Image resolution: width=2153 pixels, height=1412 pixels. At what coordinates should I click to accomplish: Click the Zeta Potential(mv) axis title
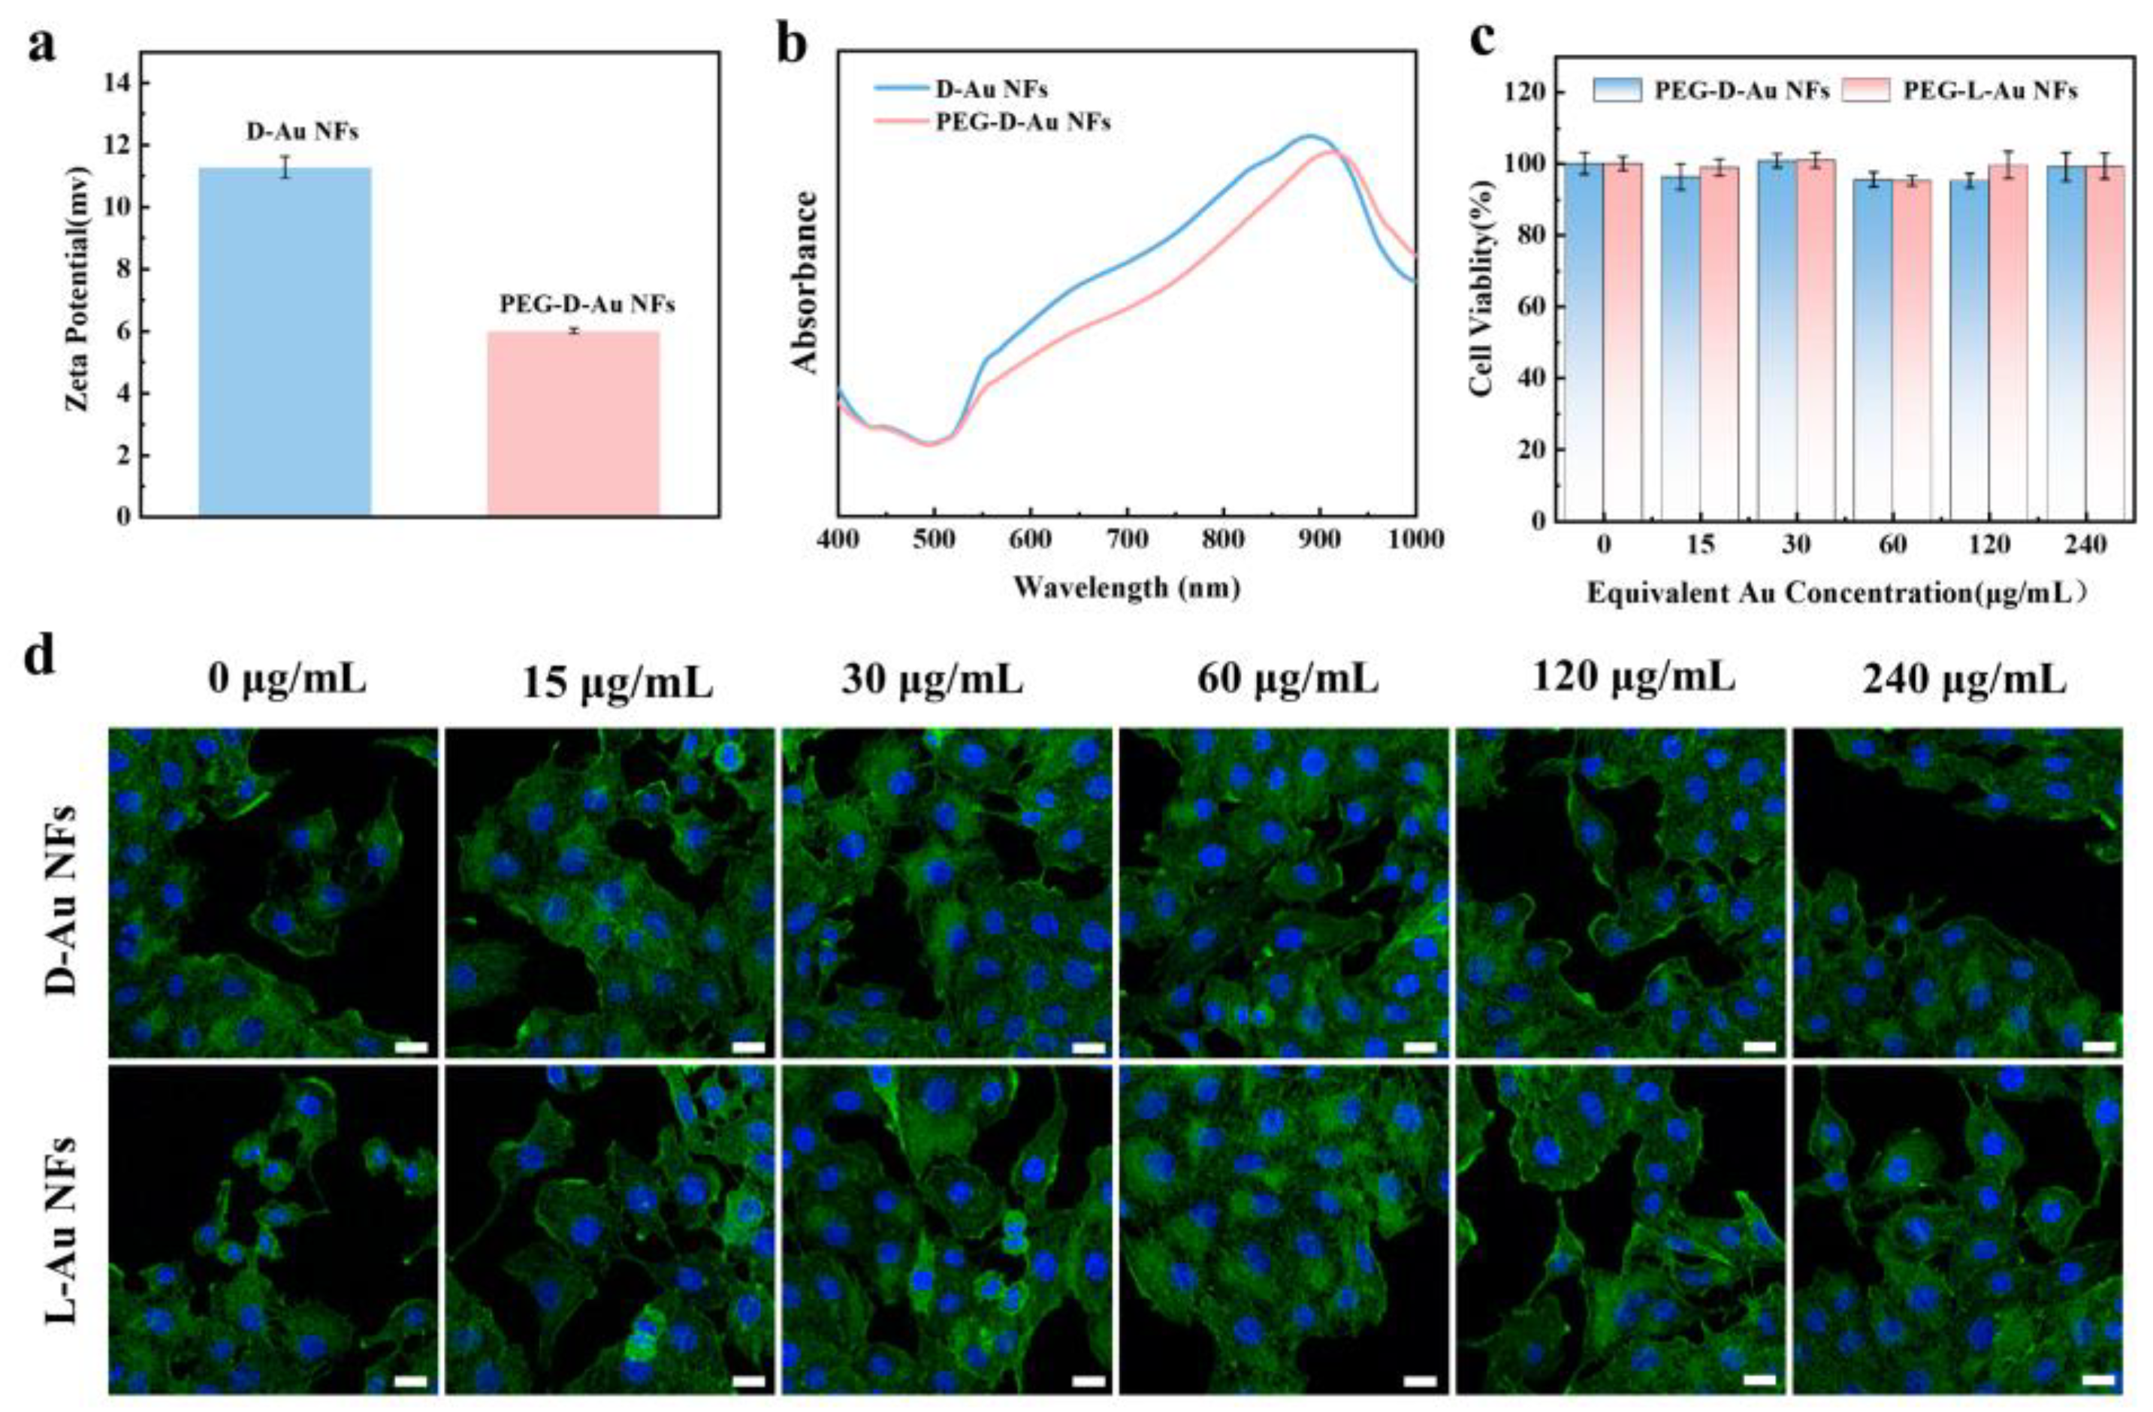79,288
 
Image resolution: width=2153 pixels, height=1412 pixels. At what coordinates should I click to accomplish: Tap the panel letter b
793,44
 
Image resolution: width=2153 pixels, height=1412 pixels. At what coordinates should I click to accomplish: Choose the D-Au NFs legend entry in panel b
992,89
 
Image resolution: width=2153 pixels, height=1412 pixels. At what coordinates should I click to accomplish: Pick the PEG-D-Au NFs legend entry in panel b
1022,122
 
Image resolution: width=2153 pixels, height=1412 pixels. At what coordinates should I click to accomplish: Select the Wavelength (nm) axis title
1126,589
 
